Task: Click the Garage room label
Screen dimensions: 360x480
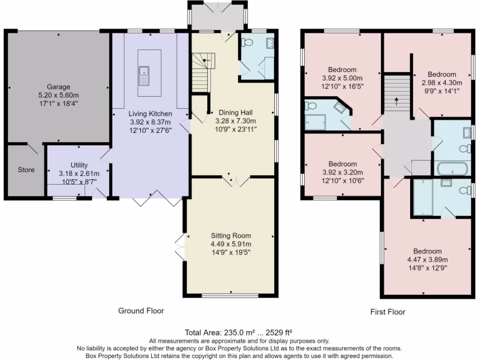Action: click(58, 87)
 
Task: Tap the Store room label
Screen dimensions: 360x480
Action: click(26, 170)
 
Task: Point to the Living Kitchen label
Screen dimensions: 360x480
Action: click(150, 114)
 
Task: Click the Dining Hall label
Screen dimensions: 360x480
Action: click(236, 112)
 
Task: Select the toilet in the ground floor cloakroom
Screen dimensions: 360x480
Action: click(247, 42)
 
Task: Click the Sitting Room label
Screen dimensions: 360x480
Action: click(231, 236)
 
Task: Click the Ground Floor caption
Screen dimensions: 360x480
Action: click(141, 310)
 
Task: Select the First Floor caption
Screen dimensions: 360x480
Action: click(388, 312)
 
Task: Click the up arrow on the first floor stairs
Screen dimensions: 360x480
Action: click(397, 100)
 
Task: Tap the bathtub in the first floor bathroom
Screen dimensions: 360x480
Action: click(452, 168)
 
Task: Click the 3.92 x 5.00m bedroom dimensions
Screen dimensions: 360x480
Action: click(342, 78)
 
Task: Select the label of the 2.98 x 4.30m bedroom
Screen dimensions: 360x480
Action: click(442, 75)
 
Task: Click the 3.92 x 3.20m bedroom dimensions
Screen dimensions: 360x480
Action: click(342, 172)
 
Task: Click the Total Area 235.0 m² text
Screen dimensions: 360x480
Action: click(240, 332)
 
